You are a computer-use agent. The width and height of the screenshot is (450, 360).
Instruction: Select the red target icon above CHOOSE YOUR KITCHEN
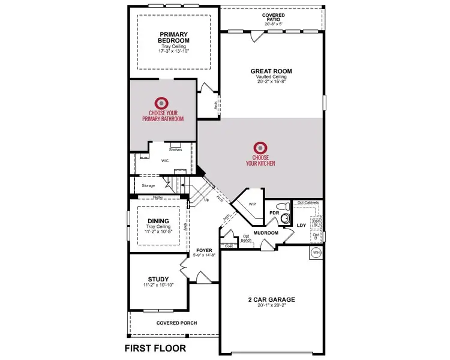[x=260, y=147]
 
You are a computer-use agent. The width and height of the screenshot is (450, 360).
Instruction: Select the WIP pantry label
[x=253, y=204]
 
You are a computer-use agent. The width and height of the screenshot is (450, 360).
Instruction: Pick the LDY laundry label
[x=301, y=226]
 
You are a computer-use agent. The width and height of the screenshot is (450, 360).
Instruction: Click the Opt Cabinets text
[x=307, y=203]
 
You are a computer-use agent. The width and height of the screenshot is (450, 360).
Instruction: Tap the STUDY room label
[x=158, y=279]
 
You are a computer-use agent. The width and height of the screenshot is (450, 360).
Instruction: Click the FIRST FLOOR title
[x=155, y=347]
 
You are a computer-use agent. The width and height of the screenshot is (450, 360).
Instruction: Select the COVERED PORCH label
[x=176, y=323]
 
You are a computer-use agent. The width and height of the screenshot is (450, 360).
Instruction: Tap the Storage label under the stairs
[x=148, y=185]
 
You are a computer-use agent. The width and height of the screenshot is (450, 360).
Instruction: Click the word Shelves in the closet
[x=175, y=149]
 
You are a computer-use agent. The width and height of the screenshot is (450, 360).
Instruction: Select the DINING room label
[x=158, y=221]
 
